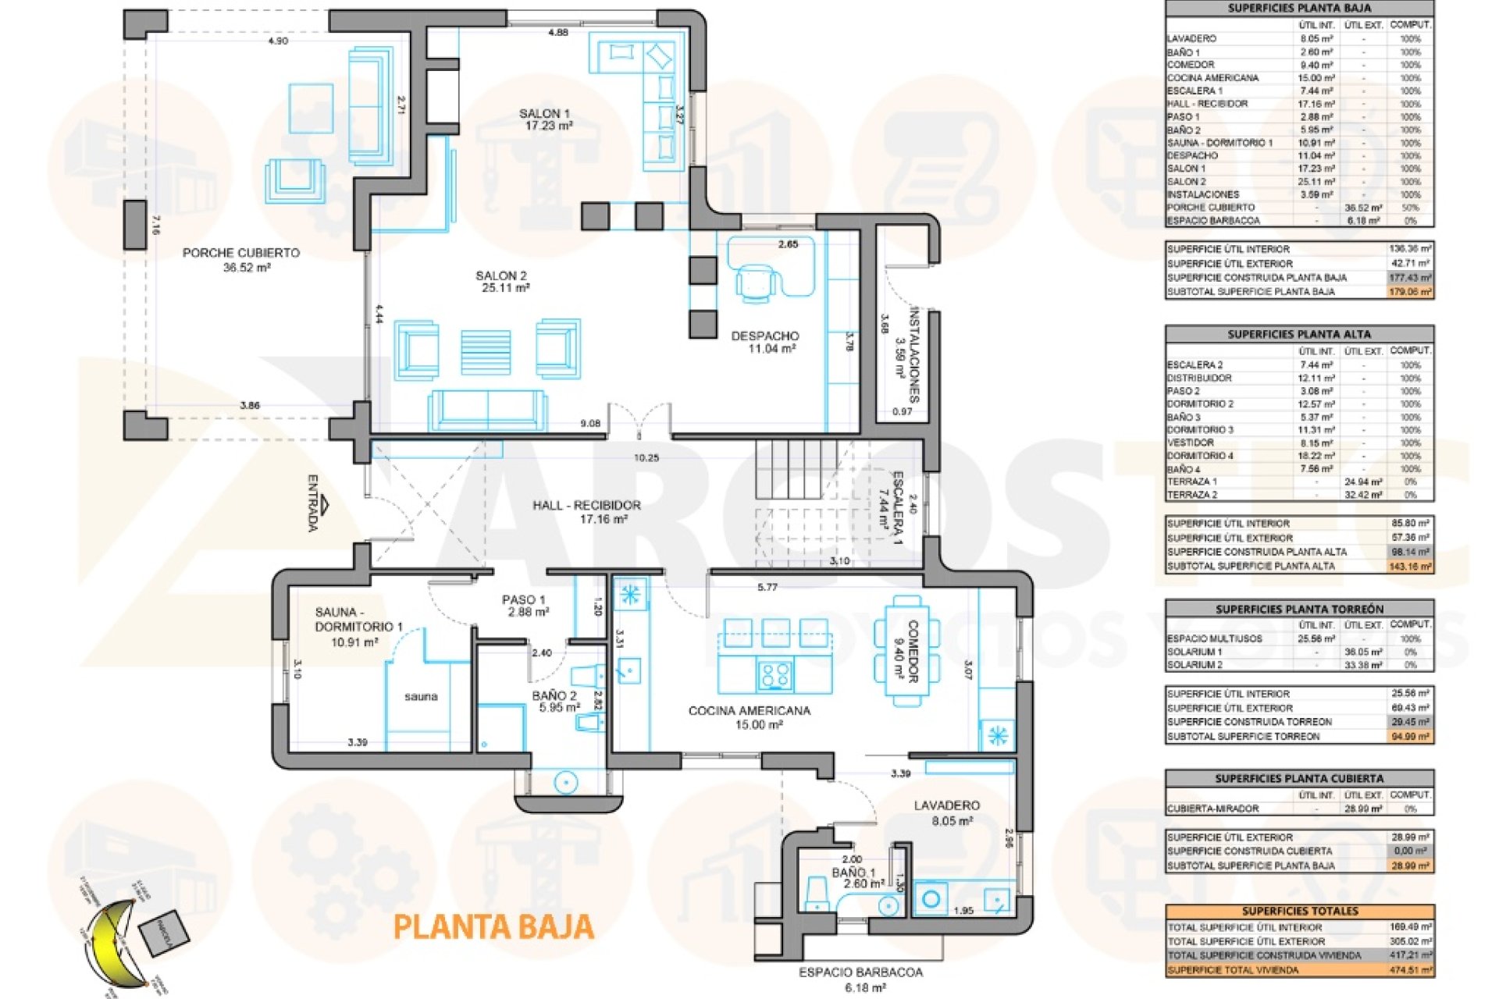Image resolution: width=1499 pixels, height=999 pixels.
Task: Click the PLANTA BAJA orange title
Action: pyautogui.click(x=493, y=926)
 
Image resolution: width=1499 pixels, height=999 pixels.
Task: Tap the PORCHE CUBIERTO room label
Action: pyautogui.click(x=241, y=253)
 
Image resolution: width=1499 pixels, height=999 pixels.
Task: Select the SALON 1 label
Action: pyautogui.click(x=544, y=114)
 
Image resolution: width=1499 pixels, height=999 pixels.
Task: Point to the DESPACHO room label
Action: pyautogui.click(x=765, y=336)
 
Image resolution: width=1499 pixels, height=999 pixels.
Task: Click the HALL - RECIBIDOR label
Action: pyautogui.click(x=586, y=506)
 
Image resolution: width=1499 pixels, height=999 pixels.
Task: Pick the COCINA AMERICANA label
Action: pyautogui.click(x=749, y=711)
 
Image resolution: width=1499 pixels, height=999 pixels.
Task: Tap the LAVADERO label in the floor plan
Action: pyautogui.click(x=947, y=805)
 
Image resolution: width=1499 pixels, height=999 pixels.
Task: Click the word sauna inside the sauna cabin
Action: pyautogui.click(x=421, y=696)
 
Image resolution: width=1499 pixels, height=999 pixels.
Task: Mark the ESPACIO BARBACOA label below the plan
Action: pyautogui.click(x=860, y=972)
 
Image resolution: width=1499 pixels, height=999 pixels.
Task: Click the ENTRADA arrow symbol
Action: pyautogui.click(x=325, y=505)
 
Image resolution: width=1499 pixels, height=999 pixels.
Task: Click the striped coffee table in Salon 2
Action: pyautogui.click(x=486, y=352)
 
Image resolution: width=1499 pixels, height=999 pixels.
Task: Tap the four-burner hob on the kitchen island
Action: pyautogui.click(x=774, y=674)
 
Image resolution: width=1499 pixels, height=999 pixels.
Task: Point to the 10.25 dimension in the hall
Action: pyautogui.click(x=646, y=458)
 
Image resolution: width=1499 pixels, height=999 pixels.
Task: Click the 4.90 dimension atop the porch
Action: pyautogui.click(x=278, y=41)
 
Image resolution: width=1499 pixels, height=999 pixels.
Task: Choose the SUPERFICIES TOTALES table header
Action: pyautogui.click(x=1300, y=911)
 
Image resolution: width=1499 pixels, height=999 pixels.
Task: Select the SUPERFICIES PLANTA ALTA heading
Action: pyautogui.click(x=1299, y=334)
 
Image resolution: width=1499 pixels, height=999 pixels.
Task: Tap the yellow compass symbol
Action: pyautogui.click(x=109, y=941)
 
